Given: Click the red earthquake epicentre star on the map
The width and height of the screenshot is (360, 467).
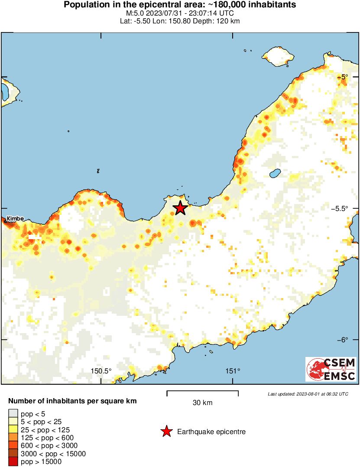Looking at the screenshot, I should pos(180,208).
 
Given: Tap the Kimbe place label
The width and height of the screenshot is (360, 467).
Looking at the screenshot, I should pos(16,219).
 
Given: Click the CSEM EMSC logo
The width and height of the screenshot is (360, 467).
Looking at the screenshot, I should pos(331,369).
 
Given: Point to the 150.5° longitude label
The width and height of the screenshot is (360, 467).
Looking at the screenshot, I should pos(101,371).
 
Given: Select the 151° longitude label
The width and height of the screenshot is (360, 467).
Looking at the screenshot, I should pos(233,371).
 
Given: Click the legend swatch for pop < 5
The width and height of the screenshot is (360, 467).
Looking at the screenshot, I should pos(13,414).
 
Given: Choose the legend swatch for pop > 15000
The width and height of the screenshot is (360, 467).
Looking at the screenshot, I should pos(13,462).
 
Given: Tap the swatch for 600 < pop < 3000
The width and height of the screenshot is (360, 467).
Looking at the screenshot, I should pos(13,446).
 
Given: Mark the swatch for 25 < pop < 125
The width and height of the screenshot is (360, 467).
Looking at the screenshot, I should pos(13,430).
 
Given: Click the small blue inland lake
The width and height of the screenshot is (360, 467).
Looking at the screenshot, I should pos(274,174).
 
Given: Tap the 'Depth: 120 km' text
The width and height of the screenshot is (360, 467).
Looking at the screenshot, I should pos(217,21).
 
